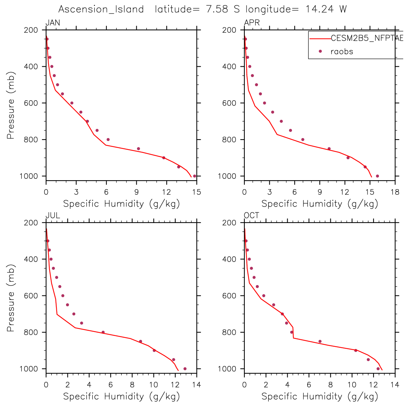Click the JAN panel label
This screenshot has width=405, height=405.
click(53, 23)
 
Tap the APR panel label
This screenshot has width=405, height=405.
click(252, 23)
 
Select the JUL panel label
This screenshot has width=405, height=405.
click(53, 216)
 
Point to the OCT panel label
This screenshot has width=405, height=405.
click(252, 216)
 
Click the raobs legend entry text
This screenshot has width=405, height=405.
click(342, 51)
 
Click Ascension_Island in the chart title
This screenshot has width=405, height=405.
click(101, 9)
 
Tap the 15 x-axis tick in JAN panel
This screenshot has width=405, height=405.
click(197, 192)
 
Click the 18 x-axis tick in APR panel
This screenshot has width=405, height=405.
click(395, 192)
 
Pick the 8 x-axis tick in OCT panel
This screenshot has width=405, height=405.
click(330, 385)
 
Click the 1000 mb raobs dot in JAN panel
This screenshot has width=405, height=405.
click(194, 176)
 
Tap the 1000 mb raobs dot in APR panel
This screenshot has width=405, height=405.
click(378, 176)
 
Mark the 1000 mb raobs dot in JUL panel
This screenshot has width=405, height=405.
click(185, 369)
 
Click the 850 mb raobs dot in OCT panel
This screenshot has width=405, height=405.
click(320, 341)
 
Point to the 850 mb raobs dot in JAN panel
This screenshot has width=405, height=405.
click(138, 149)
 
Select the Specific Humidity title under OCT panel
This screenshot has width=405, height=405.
click(320, 396)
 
